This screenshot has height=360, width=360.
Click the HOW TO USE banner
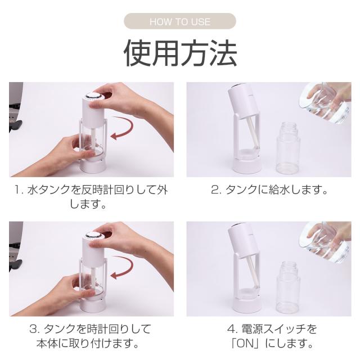(x=180, y=21)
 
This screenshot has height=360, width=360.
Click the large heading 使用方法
(x=180, y=53)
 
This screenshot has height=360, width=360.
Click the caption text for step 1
(x=91, y=197)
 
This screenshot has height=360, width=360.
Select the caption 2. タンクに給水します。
(x=269, y=190)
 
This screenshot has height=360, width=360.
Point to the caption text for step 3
(x=90, y=336)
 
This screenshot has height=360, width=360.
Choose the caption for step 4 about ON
(x=272, y=336)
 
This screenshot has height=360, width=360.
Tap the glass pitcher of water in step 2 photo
(x=326, y=103)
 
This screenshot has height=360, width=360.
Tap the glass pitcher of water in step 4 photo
(x=326, y=242)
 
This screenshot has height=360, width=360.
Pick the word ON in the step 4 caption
(x=246, y=344)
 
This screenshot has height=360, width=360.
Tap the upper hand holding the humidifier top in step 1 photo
(x=129, y=101)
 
